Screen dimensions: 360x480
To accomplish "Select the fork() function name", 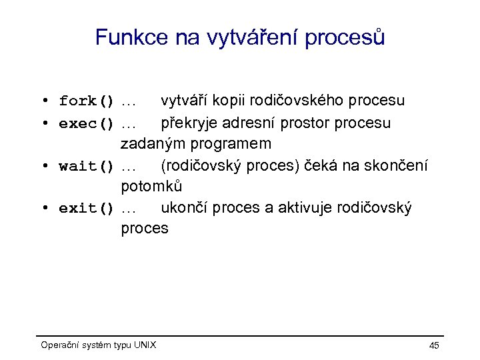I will click(87, 101).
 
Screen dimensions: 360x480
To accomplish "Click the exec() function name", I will click(87, 123).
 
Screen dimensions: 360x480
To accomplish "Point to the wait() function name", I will click(87, 166).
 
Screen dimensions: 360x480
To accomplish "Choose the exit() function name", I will click(87, 209).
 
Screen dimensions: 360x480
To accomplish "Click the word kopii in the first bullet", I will click(232, 101).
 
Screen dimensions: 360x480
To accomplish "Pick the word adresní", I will click(257, 123).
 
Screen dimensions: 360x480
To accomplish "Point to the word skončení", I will click(397, 165).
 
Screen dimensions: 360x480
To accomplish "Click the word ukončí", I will click(183, 208).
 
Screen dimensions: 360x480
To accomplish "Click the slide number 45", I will click(434, 345).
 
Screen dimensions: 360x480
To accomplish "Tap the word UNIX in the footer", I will click(145, 345).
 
